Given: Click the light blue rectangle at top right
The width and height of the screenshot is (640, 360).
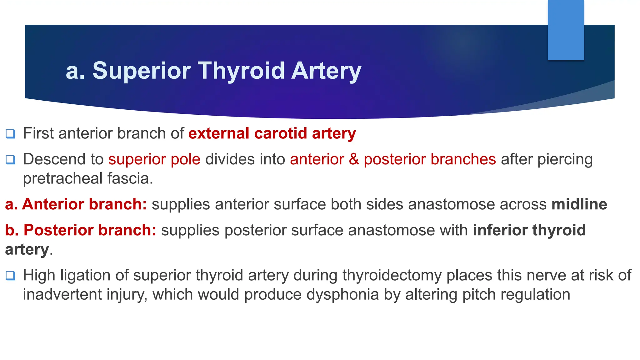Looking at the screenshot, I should (x=566, y=30).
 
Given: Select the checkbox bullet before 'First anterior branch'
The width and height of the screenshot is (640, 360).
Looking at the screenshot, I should (x=10, y=134).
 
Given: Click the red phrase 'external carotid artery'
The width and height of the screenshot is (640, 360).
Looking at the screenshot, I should (x=272, y=133).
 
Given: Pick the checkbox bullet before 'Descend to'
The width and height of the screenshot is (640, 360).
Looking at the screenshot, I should (x=10, y=160).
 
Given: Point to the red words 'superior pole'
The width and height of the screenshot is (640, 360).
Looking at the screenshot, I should (x=154, y=159).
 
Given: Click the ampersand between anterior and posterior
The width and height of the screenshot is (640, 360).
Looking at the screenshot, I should (x=354, y=159).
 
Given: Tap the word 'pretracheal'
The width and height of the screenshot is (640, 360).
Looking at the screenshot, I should (x=62, y=179).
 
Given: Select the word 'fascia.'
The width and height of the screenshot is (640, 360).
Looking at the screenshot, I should (x=130, y=179).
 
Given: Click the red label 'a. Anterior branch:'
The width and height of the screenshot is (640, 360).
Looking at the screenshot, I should (x=76, y=204).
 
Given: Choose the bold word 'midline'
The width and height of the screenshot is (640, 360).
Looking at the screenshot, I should (x=579, y=204).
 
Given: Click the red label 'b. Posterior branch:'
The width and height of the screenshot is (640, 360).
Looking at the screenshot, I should (x=81, y=230).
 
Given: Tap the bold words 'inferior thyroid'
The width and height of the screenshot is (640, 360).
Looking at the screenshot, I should (x=529, y=230).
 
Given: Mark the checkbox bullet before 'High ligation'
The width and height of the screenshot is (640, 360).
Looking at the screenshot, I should (x=10, y=276).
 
